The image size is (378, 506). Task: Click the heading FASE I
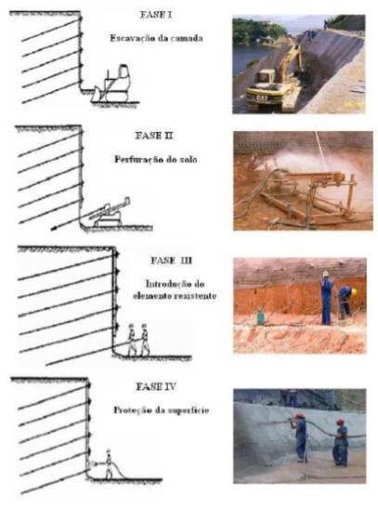pyautogui.click(x=156, y=15)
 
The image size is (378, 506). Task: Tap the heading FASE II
pyautogui.click(x=154, y=136)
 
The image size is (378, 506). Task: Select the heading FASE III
pyautogui.click(x=172, y=260)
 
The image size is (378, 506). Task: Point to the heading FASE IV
pyautogui.click(x=156, y=386)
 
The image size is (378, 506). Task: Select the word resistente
pyautogui.click(x=195, y=296)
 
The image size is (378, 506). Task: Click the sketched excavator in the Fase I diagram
pyautogui.click(x=111, y=84)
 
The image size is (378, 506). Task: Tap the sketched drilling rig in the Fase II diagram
pyautogui.click(x=110, y=213)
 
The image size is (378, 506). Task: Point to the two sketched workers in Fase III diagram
pyautogui.click(x=138, y=340)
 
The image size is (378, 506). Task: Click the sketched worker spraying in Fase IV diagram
pyautogui.click(x=109, y=464)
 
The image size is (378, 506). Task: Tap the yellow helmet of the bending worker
pyautogui.click(x=354, y=292)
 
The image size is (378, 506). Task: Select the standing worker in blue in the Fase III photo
pyautogui.click(x=327, y=298)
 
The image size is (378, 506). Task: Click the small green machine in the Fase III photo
pyautogui.click(x=261, y=318)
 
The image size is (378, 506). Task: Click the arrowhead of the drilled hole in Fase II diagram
pyautogui.click(x=54, y=228)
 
